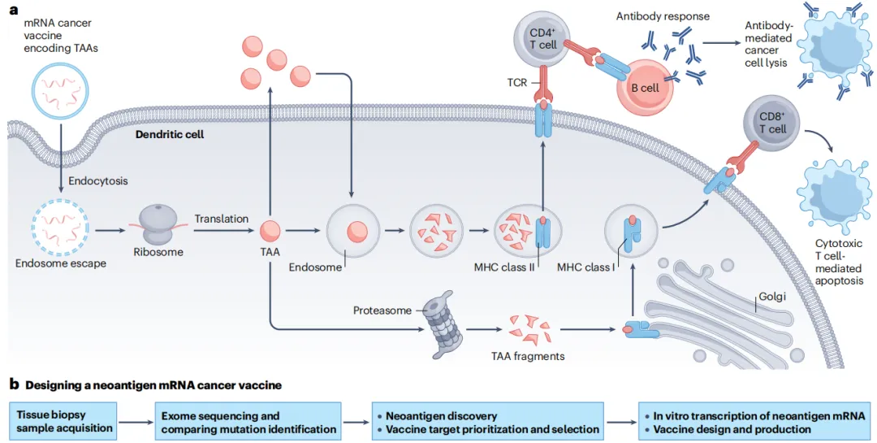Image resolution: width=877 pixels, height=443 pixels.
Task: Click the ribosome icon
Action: [158, 224]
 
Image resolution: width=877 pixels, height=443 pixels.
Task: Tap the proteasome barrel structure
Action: [444, 324]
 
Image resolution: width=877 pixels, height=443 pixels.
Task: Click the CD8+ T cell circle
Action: [771, 123]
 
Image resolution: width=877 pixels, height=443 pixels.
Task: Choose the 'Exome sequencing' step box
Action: [248, 422]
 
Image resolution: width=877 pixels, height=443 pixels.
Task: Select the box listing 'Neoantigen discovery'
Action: [488, 422]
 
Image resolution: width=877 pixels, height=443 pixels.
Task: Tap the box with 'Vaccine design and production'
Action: [754, 422]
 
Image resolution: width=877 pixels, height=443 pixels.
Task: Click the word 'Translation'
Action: [222, 219]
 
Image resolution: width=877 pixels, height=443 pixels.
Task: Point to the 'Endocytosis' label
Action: [98, 180]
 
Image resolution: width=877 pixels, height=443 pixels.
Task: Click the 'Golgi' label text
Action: [772, 296]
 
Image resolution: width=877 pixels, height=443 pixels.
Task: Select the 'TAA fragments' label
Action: [528, 356]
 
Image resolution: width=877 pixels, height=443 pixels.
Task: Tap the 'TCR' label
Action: [516, 82]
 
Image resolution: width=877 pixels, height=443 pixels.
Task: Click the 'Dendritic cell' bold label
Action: [170, 134]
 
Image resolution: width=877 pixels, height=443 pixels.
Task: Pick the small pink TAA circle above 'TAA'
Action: [270, 230]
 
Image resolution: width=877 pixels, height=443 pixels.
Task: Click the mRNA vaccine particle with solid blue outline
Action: [60, 91]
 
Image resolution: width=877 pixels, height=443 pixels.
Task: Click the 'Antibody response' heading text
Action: [663, 16]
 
